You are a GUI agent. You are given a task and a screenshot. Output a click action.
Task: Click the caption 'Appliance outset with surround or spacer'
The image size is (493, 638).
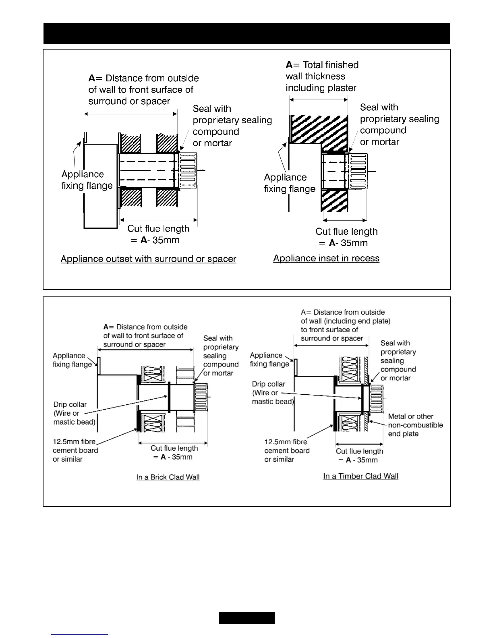pos(148,259)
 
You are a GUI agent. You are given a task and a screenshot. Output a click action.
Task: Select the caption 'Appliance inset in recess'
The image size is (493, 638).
pos(326,258)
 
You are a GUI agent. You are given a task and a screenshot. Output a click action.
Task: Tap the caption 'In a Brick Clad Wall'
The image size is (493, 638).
pos(168,477)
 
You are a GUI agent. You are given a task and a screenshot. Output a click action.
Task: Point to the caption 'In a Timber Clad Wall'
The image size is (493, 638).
pos(360,476)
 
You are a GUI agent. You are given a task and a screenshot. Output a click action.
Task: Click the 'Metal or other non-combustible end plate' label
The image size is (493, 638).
pos(415,425)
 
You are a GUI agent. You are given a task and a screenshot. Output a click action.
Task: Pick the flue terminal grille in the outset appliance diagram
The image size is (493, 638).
pos(188,171)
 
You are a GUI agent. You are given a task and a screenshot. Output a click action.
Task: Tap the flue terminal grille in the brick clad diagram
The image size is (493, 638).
pos(201,397)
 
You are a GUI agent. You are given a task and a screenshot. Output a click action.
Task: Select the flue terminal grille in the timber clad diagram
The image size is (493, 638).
pos(377,399)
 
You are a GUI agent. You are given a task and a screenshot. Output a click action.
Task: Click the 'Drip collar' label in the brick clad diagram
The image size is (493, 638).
pos(74,413)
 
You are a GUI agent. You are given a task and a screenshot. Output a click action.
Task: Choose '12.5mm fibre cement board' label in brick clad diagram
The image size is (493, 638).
pos(75,450)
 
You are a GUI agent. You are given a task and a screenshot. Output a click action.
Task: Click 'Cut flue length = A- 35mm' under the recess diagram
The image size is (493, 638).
pos(346,237)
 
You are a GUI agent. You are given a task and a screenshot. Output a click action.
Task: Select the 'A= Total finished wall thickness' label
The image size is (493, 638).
pos(322,76)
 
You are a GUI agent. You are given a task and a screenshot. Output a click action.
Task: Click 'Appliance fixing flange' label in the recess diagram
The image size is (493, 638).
pos(289,183)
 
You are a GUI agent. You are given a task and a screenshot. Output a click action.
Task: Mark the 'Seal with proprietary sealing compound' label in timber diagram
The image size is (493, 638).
pos(398,360)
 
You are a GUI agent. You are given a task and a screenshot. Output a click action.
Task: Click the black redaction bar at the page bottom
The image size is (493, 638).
pos(246,617)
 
